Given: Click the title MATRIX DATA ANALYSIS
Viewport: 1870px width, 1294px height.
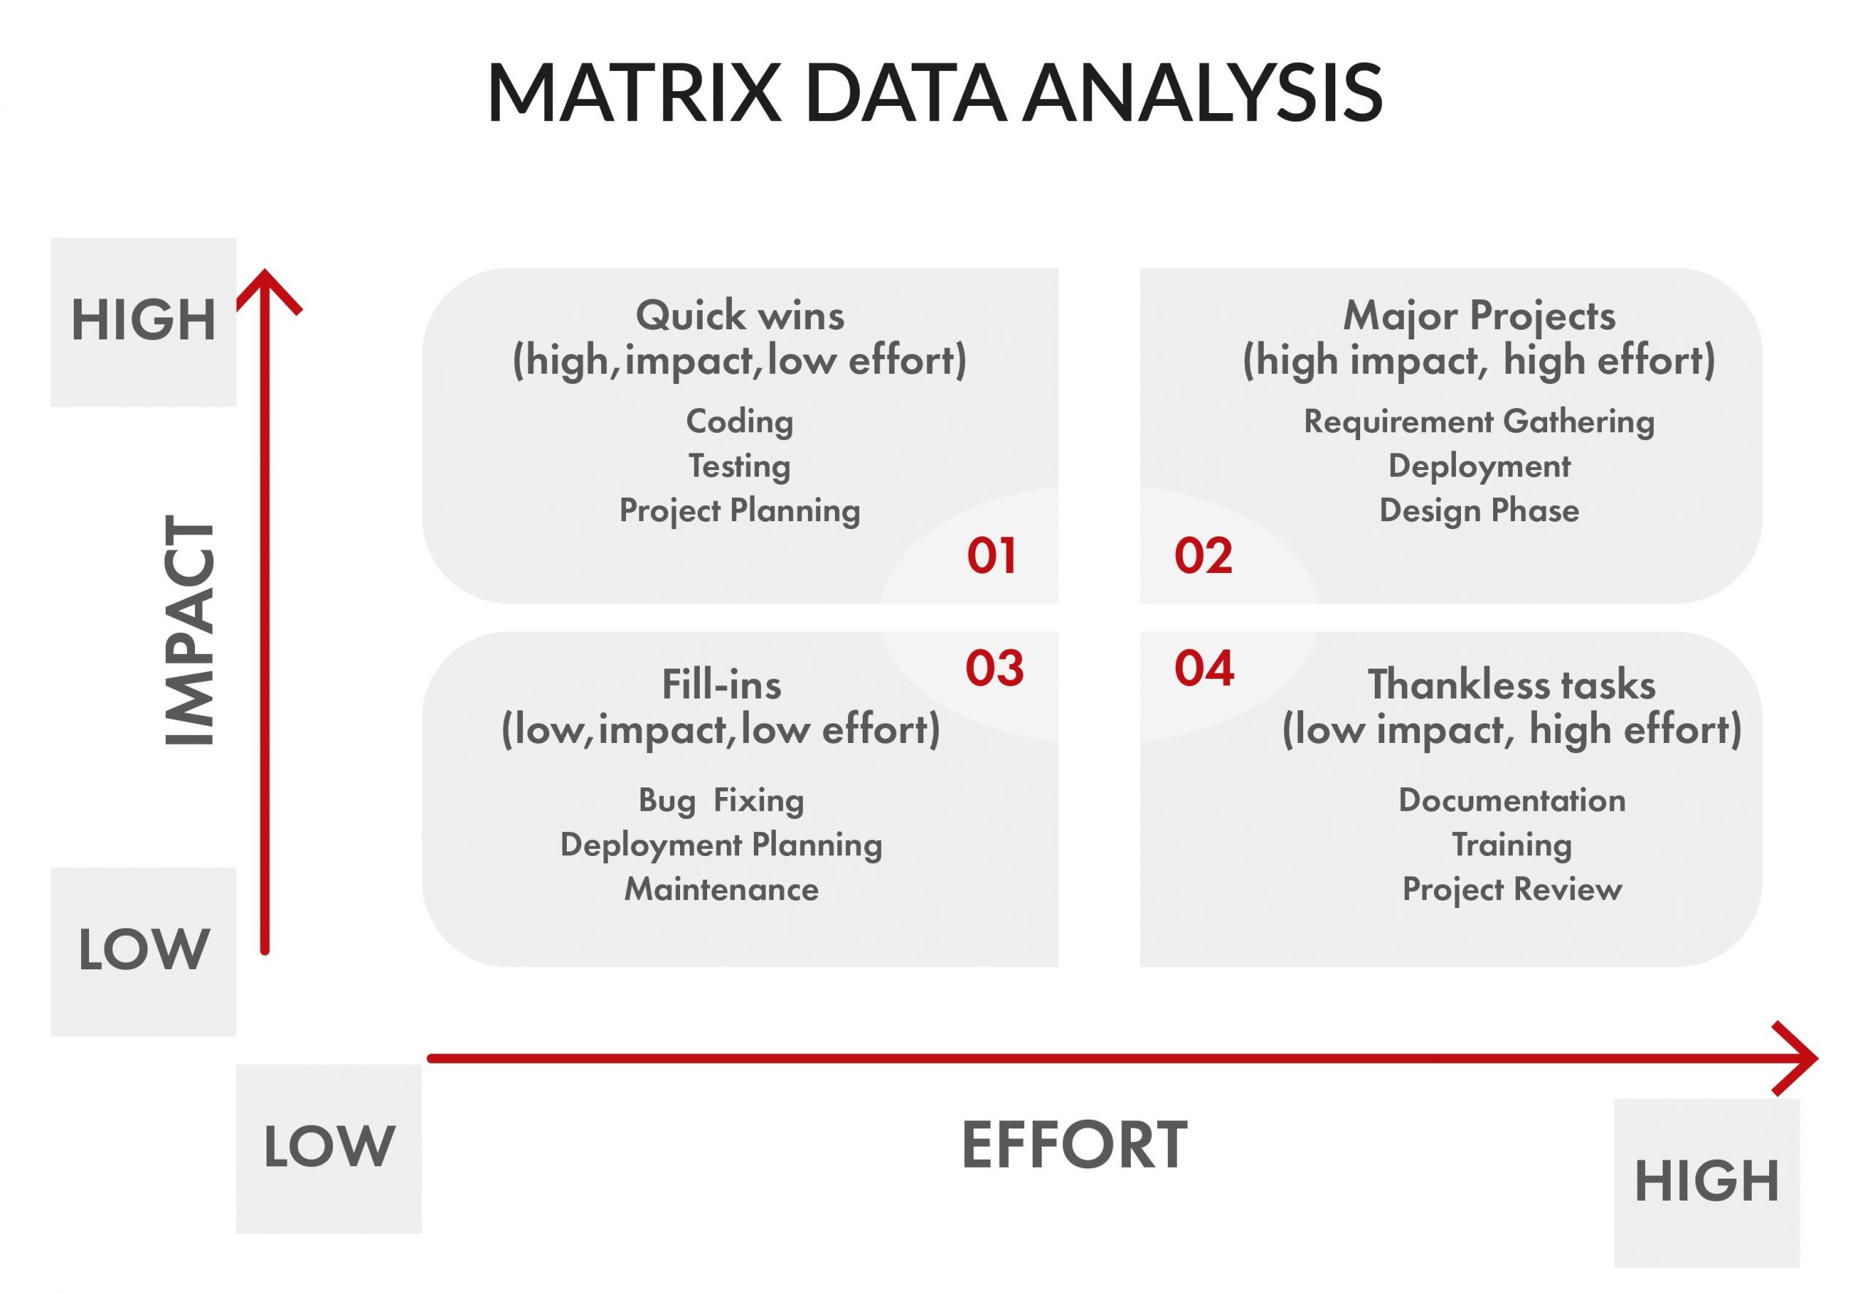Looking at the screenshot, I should (934, 93).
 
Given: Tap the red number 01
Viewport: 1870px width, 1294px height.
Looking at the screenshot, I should (991, 556).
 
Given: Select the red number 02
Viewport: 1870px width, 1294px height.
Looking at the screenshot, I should (1203, 556).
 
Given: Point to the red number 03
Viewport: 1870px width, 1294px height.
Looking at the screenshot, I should (994, 669).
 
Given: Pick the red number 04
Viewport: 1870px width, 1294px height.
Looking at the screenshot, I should (1204, 669).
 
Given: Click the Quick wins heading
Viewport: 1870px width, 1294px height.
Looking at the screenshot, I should (739, 315).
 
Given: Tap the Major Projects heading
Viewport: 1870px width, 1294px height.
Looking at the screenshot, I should (1478, 315).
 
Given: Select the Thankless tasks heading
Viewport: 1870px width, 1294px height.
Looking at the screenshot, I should (1511, 683).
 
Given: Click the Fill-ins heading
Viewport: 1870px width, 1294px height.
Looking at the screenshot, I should (721, 683).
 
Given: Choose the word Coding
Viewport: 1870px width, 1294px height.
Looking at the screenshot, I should (739, 421).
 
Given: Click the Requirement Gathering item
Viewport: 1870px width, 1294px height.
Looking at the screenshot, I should (1478, 421).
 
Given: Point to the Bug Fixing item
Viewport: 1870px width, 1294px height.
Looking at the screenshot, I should (721, 800).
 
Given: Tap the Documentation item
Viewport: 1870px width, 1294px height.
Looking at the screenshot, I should (1511, 800).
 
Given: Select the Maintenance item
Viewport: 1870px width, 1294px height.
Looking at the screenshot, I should (721, 890).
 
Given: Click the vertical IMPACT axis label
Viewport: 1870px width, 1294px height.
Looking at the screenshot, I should (189, 631).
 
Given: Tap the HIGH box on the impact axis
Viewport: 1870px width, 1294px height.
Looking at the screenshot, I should (144, 321).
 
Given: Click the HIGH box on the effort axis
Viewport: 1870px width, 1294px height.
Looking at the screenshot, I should (1706, 1182).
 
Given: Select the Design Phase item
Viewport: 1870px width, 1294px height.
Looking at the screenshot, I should (1478, 510).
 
